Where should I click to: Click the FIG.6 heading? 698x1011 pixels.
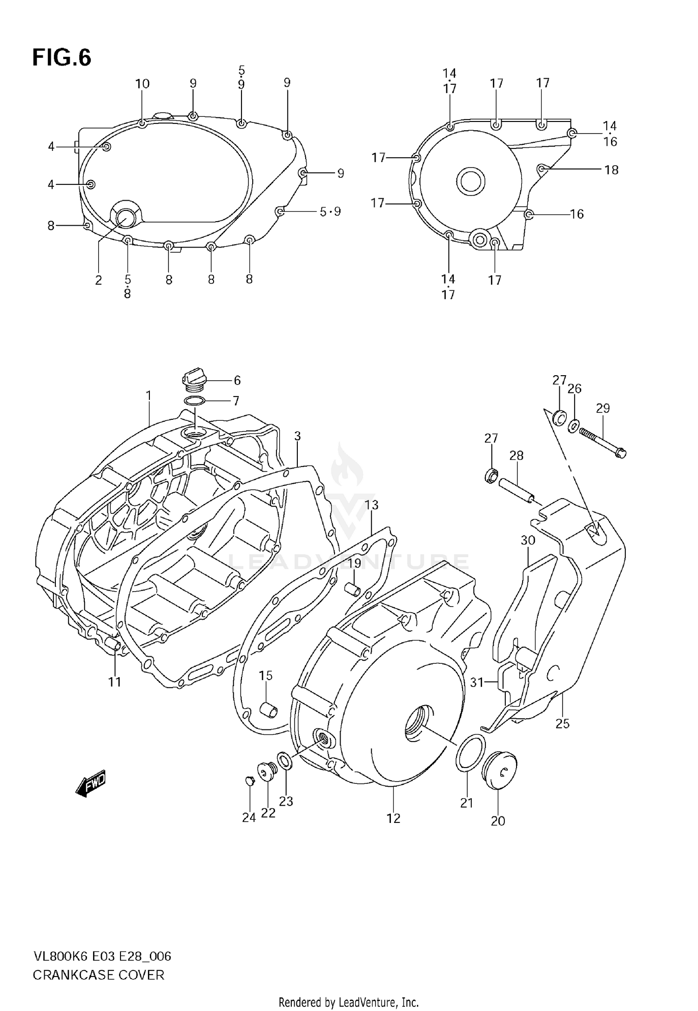tap(61, 58)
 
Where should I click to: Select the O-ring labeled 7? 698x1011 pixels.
tap(195, 401)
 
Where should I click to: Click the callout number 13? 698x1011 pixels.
tap(371, 505)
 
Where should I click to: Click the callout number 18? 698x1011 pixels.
tap(611, 170)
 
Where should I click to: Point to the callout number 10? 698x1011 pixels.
tap(142, 84)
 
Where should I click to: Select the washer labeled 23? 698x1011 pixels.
tap(284, 761)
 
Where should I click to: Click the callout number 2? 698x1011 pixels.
tap(98, 280)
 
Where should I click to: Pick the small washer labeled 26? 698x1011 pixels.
tap(574, 425)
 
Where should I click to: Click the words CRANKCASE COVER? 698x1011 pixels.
tap(98, 975)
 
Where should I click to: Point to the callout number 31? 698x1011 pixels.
tap(477, 682)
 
